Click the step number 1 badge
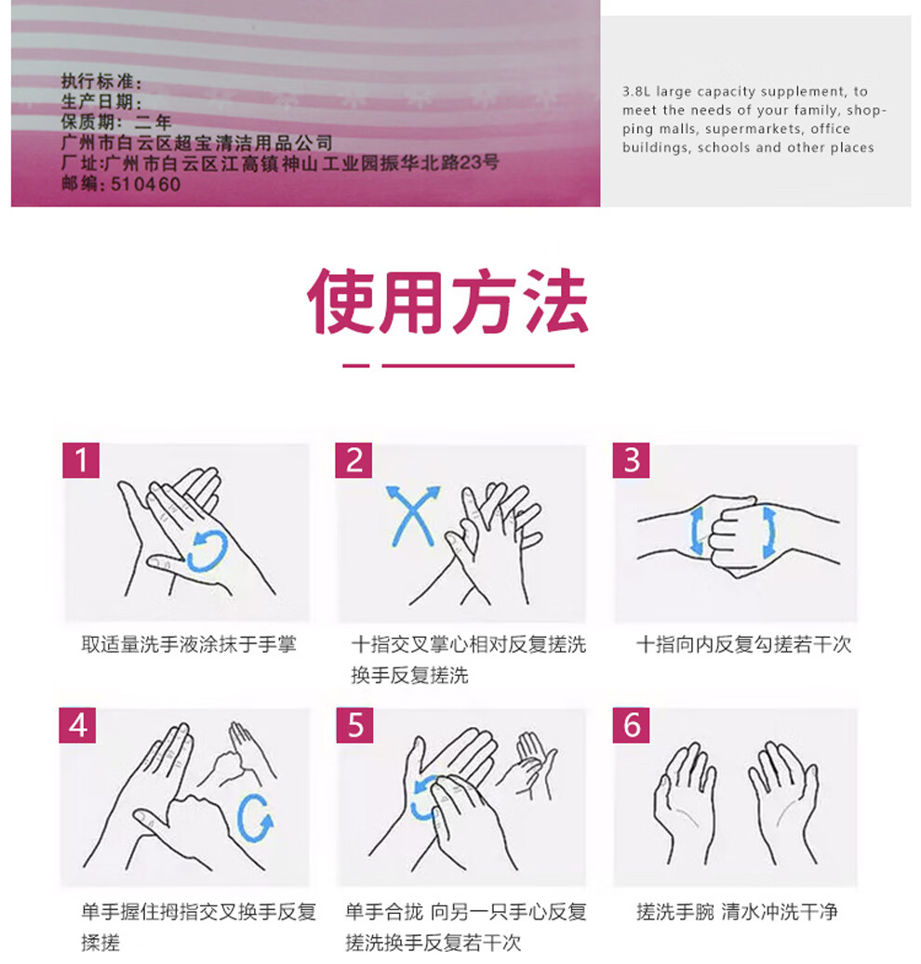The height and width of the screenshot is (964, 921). (81, 460)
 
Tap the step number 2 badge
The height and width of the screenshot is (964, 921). (354, 460)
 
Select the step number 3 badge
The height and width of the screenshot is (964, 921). (632, 460)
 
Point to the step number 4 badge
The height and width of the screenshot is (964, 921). (77, 725)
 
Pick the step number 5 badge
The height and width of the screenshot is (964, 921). (355, 725)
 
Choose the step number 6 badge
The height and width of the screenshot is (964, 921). (632, 725)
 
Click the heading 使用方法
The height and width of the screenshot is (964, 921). (447, 301)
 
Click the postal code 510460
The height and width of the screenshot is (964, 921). (145, 184)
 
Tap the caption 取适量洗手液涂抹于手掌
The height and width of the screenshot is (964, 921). (189, 644)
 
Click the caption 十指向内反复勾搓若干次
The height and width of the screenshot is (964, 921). (744, 644)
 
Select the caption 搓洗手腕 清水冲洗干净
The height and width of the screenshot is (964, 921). (737, 912)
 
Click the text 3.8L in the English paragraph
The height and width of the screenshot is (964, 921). (636, 92)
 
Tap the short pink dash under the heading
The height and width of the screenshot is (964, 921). (356, 366)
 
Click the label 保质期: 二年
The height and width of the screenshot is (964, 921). (115, 123)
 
